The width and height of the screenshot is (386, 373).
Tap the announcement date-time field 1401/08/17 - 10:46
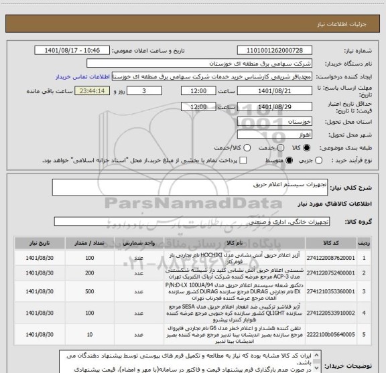pos(75,50)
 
